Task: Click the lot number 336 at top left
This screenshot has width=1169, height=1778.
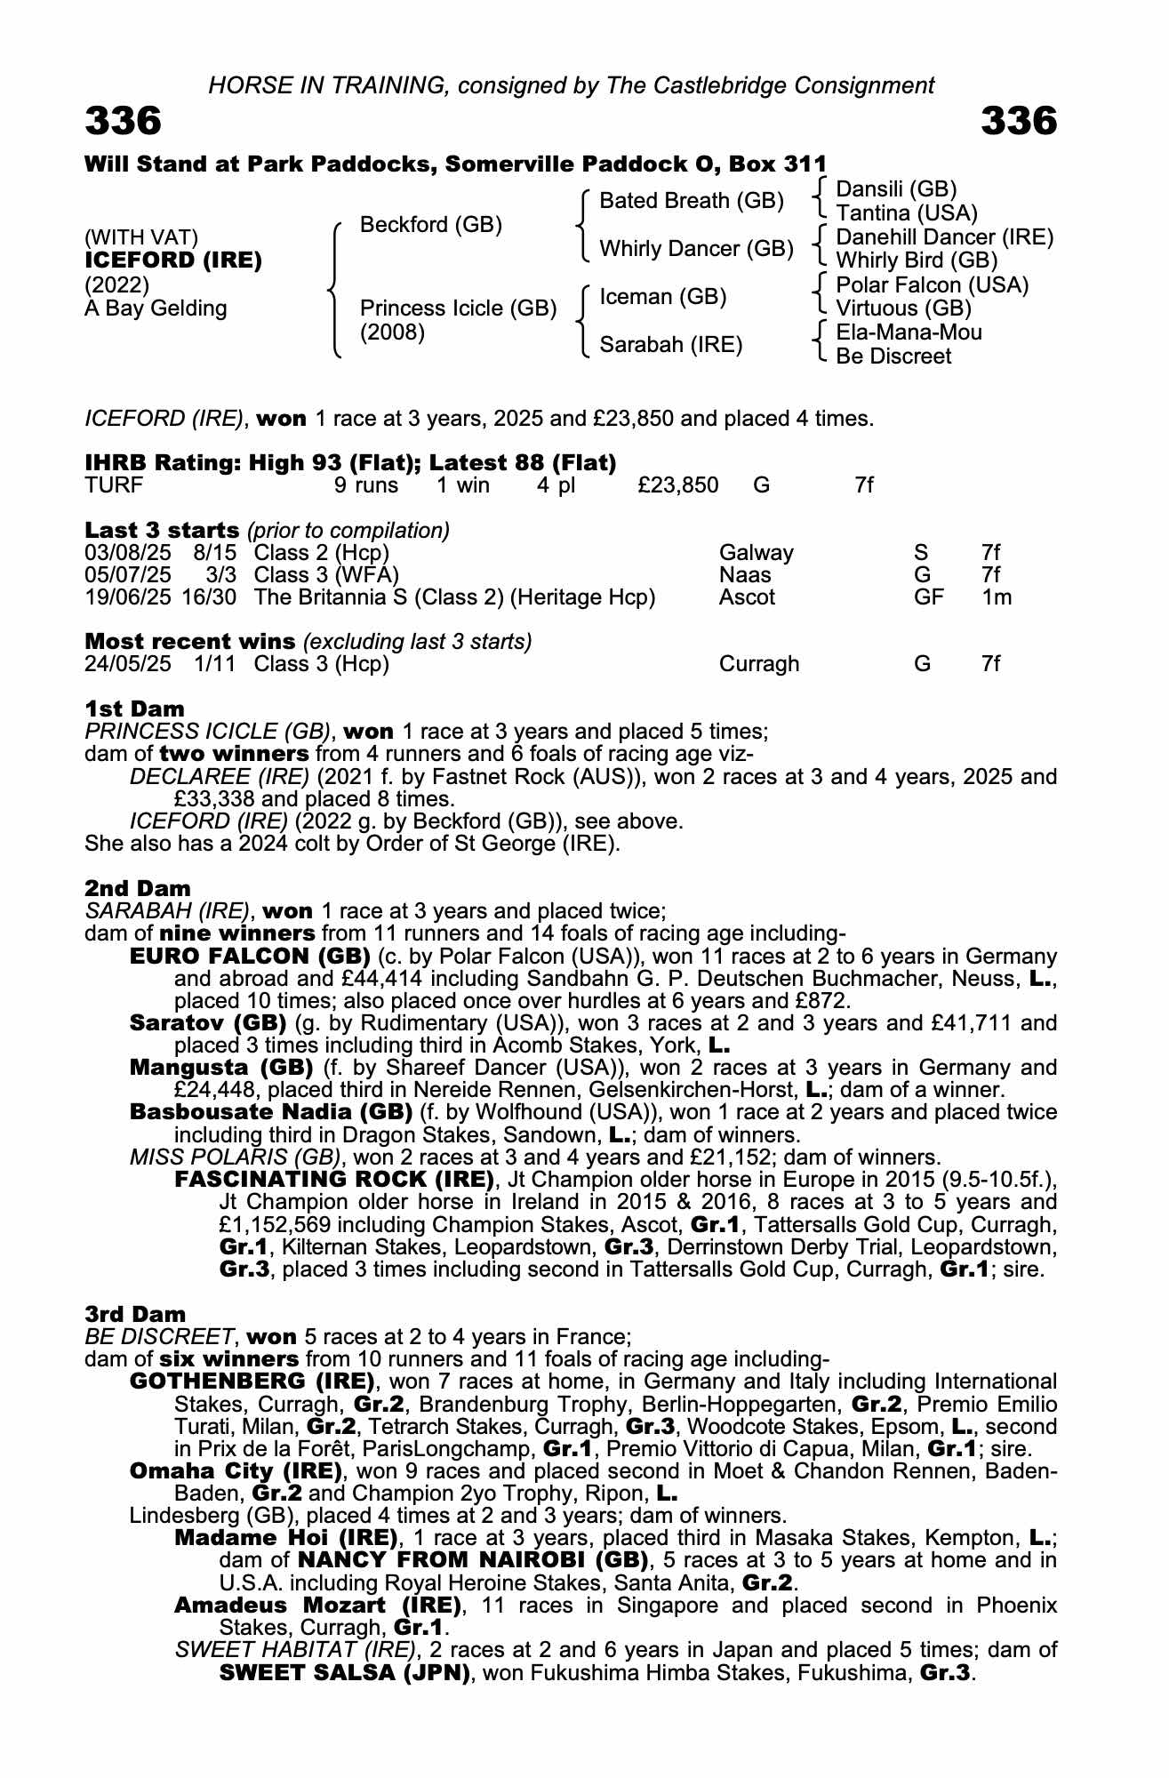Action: point(123,121)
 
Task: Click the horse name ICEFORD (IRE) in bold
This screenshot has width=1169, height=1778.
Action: point(172,261)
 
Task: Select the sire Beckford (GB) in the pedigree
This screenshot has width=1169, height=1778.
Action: point(430,225)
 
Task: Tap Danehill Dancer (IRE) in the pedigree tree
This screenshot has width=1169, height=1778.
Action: point(944,237)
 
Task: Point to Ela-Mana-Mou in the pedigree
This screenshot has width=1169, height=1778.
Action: point(909,332)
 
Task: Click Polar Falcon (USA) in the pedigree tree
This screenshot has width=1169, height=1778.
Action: point(932,285)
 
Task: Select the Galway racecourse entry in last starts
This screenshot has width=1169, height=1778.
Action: point(756,553)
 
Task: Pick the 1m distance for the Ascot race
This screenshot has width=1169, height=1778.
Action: point(996,597)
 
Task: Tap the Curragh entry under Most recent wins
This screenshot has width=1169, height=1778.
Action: point(758,664)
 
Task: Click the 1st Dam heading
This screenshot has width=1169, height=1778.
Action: point(134,709)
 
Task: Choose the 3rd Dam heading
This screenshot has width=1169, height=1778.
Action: point(135,1314)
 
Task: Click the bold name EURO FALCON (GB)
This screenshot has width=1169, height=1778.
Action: point(250,957)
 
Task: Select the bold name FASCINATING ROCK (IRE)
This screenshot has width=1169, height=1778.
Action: point(334,1180)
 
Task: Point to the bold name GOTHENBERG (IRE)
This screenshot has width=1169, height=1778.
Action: point(252,1382)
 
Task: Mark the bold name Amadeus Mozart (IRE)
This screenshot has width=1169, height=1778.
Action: point(317,1605)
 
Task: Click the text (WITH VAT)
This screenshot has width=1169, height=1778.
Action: point(140,237)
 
